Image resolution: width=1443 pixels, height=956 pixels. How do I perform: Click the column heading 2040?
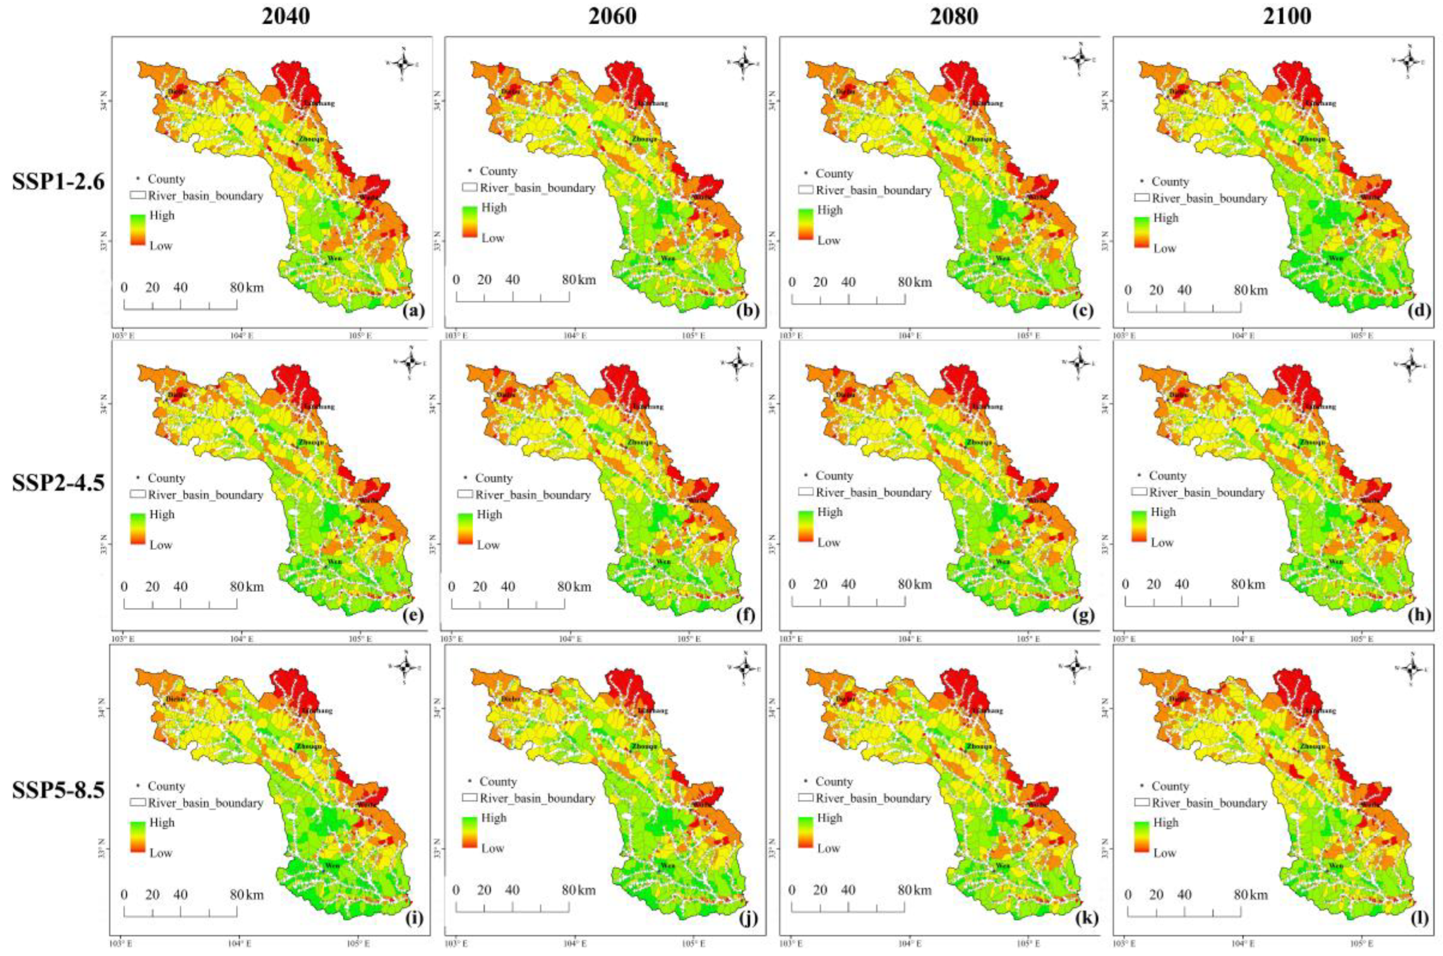point(286,16)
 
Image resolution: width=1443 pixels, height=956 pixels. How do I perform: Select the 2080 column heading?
point(954,16)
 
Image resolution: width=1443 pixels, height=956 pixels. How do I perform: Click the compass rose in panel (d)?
point(1408,61)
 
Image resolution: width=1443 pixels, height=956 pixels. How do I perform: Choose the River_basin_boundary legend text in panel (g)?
point(873,492)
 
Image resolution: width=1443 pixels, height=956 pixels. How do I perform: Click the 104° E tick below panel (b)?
point(574,335)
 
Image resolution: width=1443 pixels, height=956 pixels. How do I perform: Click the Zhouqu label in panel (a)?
point(311,139)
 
